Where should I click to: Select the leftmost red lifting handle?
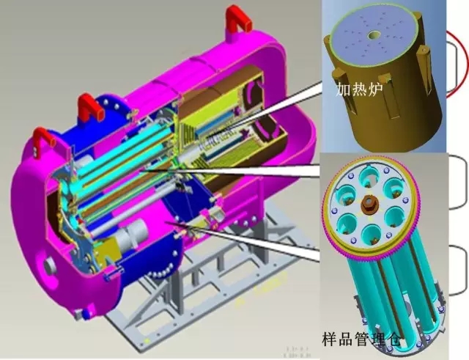coord(44,137)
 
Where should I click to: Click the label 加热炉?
coord(359,89)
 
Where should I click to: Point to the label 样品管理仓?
coord(361,339)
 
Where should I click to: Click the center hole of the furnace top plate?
coord(374,35)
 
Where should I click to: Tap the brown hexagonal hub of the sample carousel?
coord(369,205)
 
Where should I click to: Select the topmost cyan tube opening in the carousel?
coord(369,177)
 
